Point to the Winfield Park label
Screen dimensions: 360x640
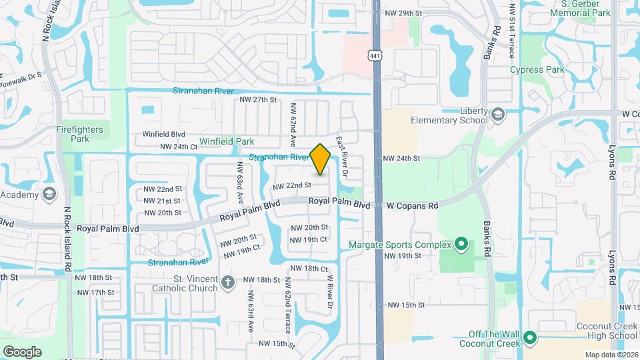click(227, 141)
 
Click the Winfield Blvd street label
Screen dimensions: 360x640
click(164, 134)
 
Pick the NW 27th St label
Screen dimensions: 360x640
click(259, 99)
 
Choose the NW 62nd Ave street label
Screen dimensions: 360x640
click(292, 125)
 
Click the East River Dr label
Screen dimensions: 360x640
click(341, 157)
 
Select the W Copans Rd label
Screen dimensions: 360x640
click(413, 205)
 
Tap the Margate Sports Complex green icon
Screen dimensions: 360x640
click(461, 245)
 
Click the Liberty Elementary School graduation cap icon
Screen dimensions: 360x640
click(497, 115)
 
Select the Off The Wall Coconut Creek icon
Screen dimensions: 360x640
click(531, 338)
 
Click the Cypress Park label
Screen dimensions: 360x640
click(537, 69)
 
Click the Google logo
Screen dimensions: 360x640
click(23, 351)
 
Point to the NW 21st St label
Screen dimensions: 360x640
click(162, 201)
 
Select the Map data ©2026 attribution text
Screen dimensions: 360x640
click(611, 355)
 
